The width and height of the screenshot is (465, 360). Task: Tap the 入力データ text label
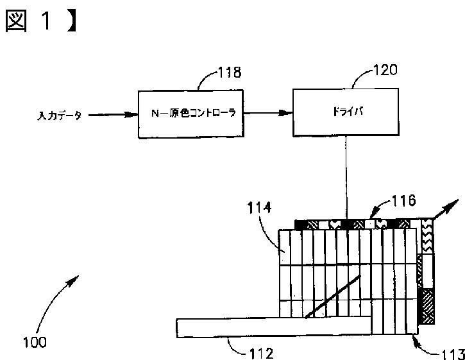click(x=60, y=116)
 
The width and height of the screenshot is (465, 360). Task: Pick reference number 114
click(x=259, y=208)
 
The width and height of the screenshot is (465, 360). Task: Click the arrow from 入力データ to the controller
click(x=113, y=116)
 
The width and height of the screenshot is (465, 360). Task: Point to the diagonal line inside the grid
click(x=331, y=296)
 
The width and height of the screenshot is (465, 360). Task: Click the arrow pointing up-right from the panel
click(x=448, y=211)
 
